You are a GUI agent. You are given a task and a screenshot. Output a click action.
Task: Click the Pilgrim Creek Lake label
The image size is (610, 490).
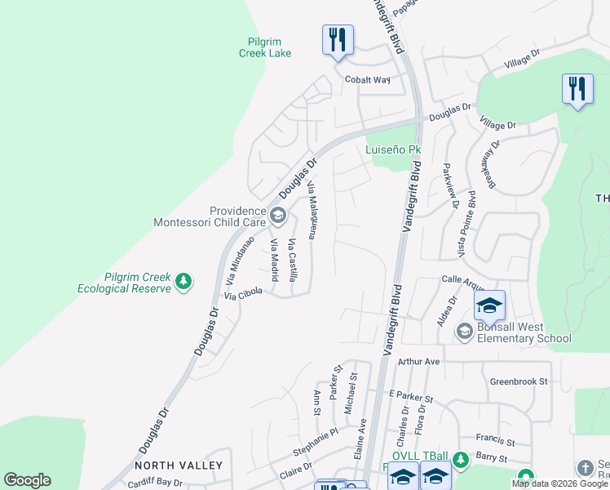(265, 47)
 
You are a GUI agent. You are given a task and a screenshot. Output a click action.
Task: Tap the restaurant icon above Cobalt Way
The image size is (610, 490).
(337, 39)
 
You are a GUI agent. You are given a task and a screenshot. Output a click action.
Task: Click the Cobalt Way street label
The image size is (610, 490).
(371, 80)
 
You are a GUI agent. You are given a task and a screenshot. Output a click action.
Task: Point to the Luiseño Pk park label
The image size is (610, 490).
(393, 150)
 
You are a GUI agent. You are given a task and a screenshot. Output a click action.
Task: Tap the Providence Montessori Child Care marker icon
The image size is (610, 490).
(277, 216)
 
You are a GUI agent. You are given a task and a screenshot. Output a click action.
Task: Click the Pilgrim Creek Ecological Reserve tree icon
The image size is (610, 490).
(185, 283)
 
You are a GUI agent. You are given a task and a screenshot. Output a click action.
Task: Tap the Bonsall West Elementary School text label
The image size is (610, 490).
(517, 331)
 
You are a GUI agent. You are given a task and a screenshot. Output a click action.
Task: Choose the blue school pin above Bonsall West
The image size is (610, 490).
(489, 305)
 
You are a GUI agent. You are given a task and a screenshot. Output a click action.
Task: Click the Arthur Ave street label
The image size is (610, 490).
(419, 361)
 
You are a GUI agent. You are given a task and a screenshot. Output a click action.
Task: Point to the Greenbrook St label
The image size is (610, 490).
(518, 381)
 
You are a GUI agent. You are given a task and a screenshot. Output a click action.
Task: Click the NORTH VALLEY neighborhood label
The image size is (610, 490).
(179, 465)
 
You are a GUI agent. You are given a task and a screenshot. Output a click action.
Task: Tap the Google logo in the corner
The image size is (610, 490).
(27, 480)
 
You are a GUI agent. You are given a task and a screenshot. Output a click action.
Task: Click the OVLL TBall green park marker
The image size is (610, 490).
(461, 459)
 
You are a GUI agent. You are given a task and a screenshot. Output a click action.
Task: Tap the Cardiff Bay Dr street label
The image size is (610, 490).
(155, 483)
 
